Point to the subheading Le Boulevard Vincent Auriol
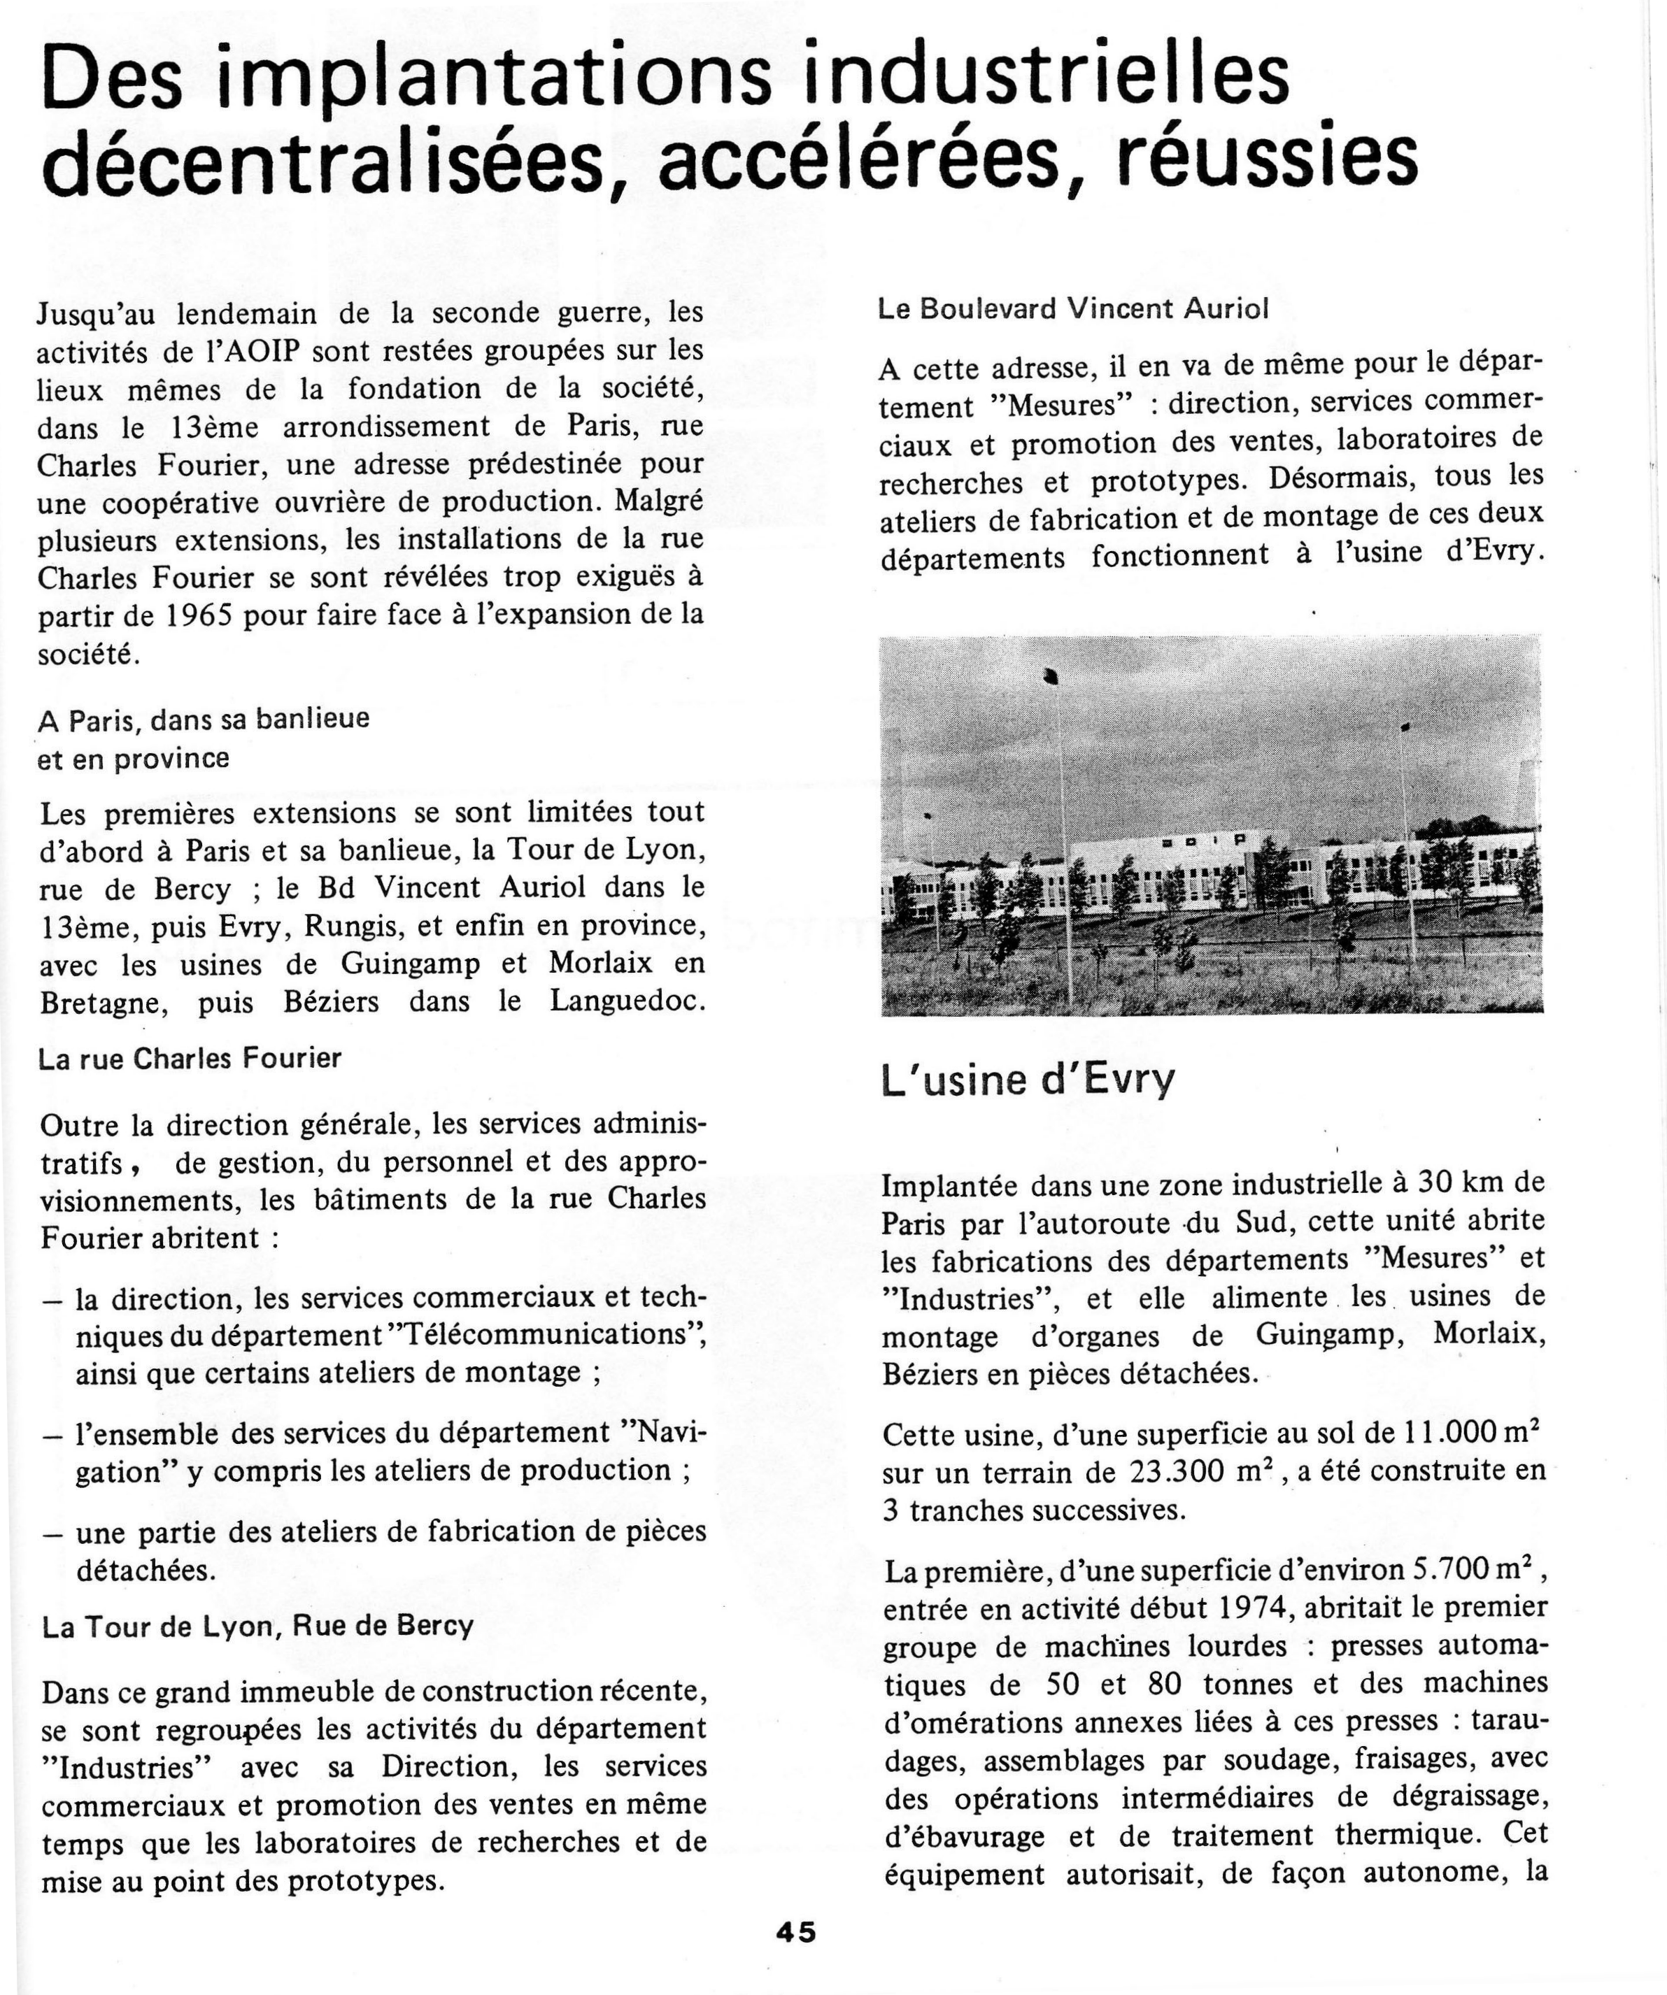1073,309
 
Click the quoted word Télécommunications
552,1333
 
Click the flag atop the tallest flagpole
1051,676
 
